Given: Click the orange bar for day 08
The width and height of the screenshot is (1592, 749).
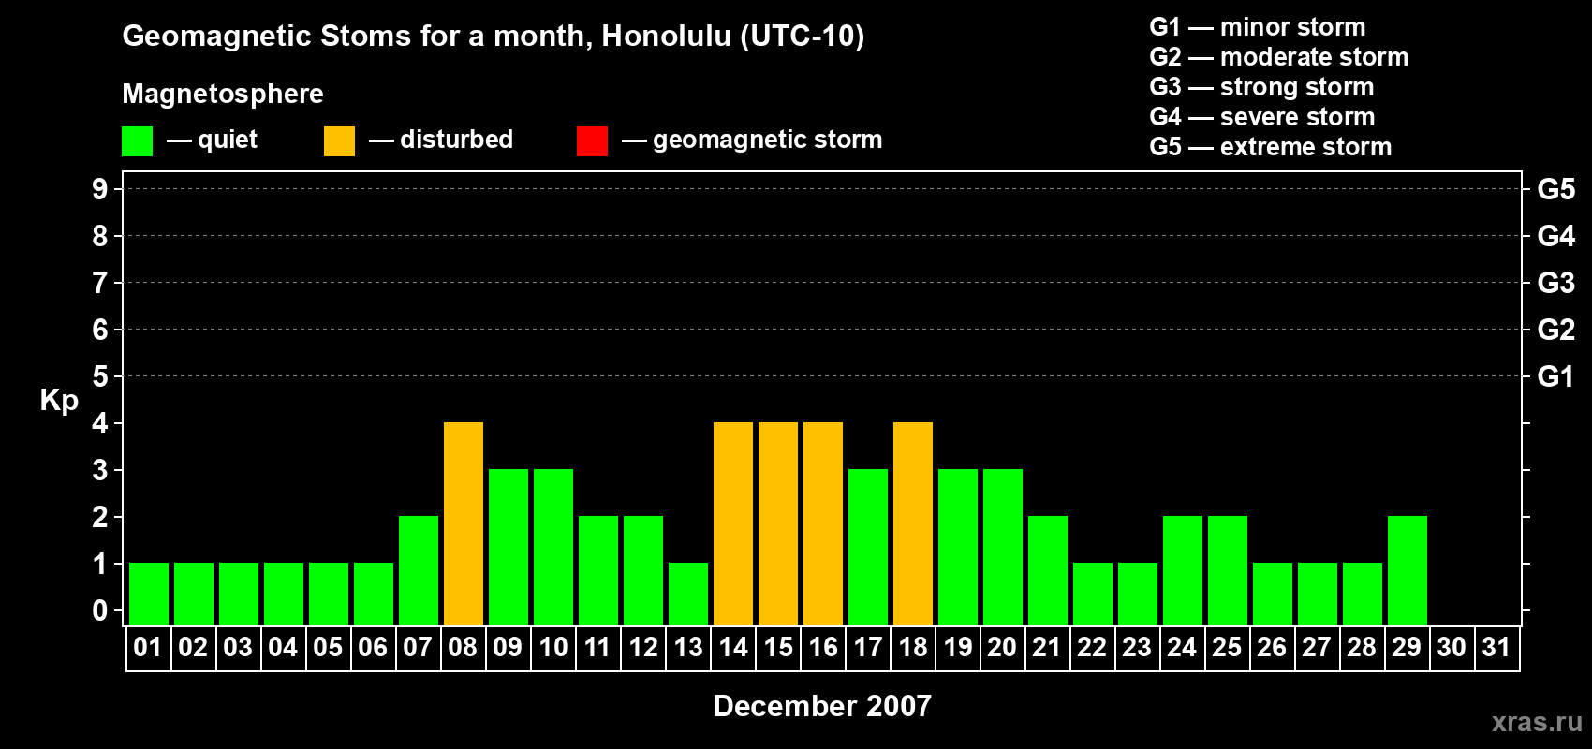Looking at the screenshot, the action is click(464, 523).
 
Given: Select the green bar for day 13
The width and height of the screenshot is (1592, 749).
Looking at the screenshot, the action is click(688, 595).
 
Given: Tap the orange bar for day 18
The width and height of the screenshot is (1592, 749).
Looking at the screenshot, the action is click(913, 523).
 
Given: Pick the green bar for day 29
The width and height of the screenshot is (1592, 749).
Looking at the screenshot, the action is click(1408, 570).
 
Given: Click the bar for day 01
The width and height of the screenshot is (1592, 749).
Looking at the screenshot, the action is click(149, 595).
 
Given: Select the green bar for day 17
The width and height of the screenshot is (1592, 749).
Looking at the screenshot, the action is click(868, 547).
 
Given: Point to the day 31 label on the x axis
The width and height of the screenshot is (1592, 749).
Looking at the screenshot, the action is click(1496, 647).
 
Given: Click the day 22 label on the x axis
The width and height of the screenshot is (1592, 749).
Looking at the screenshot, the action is click(1092, 647).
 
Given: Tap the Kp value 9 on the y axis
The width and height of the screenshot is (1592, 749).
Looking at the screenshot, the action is click(99, 189).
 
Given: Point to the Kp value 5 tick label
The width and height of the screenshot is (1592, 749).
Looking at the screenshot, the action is click(99, 376).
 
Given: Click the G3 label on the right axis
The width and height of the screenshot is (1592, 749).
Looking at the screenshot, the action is click(1555, 283).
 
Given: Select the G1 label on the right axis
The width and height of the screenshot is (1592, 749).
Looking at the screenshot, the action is click(1555, 376).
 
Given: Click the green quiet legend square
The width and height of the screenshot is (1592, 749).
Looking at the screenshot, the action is click(137, 140).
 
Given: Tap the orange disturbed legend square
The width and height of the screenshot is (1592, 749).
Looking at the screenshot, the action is click(339, 140).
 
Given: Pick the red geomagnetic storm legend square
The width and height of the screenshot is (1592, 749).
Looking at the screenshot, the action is click(592, 140).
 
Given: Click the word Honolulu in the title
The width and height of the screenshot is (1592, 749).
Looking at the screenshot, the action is click(666, 36).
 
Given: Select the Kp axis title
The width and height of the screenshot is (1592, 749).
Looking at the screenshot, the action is click(59, 401).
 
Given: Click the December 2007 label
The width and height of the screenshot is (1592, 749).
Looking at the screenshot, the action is click(822, 706).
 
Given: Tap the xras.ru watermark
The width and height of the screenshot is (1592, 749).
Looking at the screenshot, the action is click(1537, 722).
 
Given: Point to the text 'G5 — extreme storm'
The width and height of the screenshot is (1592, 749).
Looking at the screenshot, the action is click(1270, 147).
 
